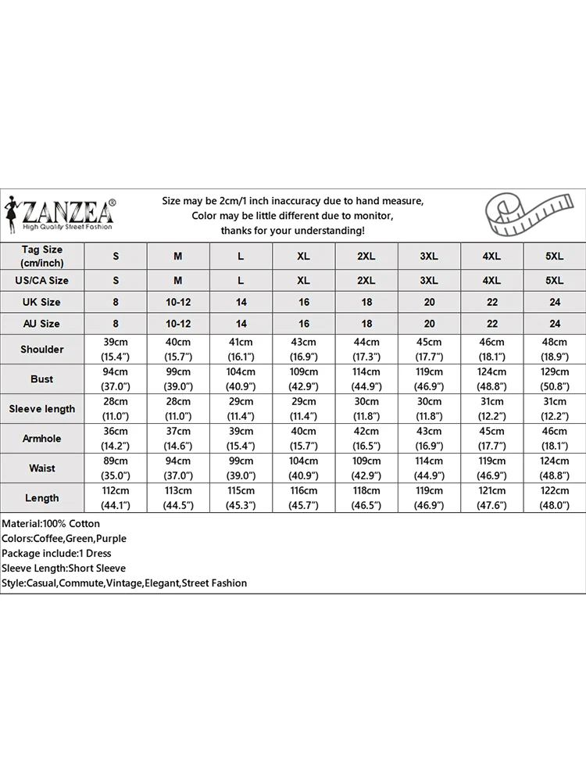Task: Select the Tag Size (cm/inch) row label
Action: point(42,256)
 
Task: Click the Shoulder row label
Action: point(42,350)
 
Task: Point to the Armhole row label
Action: point(42,439)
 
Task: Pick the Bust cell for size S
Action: point(116,379)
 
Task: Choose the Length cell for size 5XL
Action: point(555,498)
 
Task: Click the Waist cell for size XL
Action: point(304,468)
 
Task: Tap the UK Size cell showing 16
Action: point(304,302)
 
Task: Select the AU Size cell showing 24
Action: point(555,324)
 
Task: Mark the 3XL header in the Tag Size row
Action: point(429,256)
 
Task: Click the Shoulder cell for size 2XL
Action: point(366,350)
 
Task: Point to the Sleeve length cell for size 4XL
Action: point(491,409)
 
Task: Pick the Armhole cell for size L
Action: point(241,439)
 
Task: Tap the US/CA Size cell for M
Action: point(178,280)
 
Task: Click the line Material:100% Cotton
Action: point(51,524)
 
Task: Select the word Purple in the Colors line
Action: point(111,539)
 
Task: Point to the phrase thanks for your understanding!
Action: point(292,231)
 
